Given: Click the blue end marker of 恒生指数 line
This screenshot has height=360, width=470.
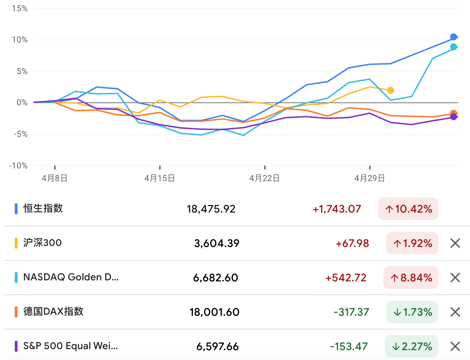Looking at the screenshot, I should coord(454,37).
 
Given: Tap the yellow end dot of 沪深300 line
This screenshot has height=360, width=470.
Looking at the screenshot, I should coord(390,90).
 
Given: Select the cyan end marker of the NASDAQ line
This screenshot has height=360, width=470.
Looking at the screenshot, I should coord(454,47).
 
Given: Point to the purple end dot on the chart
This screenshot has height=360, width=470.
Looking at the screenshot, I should coord(454,117).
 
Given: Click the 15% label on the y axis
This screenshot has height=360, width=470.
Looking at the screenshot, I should coord(20,8).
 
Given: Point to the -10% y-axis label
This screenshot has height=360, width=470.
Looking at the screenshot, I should coord(18,166).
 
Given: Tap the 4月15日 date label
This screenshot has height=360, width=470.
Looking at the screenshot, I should coord(160,178).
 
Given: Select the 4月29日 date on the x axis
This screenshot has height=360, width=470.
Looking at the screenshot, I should coord(370,178).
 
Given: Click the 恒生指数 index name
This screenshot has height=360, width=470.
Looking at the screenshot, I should coord(43,208).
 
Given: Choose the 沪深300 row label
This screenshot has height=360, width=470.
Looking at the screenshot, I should coord(42,243).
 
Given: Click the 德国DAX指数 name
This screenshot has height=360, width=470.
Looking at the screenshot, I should coord(53,312).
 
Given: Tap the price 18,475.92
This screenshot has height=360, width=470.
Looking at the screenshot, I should coord(211,209).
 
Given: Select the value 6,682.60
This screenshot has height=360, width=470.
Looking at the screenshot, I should coord(216,278).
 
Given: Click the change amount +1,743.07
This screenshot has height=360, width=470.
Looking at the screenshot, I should coord(337,209).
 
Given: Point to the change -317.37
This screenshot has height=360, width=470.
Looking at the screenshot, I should coord(351,312).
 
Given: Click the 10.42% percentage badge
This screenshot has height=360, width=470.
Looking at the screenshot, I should coord(408,209).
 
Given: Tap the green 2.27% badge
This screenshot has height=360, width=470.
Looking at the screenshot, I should coord(412,347).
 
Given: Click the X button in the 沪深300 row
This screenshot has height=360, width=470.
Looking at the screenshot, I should coord(455,243).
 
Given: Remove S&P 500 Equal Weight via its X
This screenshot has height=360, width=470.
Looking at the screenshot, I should coord(455,347).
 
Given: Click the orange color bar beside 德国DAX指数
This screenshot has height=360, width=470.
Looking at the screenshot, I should coord(16,312).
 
